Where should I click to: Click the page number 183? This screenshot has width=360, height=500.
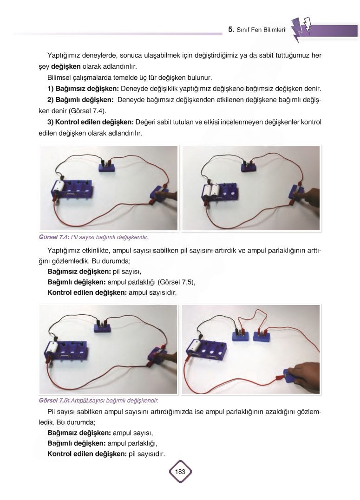tap(180, 471)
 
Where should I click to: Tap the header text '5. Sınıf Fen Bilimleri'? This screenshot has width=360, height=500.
tap(256, 30)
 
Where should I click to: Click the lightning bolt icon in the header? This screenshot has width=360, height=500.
tap(301, 29)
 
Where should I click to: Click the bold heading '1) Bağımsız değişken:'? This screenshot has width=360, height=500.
tap(83, 89)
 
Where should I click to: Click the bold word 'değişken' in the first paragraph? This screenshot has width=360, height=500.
tap(66, 67)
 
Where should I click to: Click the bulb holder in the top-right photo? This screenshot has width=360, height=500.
tap(249, 167)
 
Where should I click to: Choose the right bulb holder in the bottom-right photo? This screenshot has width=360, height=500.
tap(262, 336)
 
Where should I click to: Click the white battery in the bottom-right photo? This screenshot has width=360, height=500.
tap(195, 345)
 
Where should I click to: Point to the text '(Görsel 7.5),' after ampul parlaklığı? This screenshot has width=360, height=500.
tap(177, 282)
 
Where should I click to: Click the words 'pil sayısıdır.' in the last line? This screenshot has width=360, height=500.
tap(147, 454)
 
